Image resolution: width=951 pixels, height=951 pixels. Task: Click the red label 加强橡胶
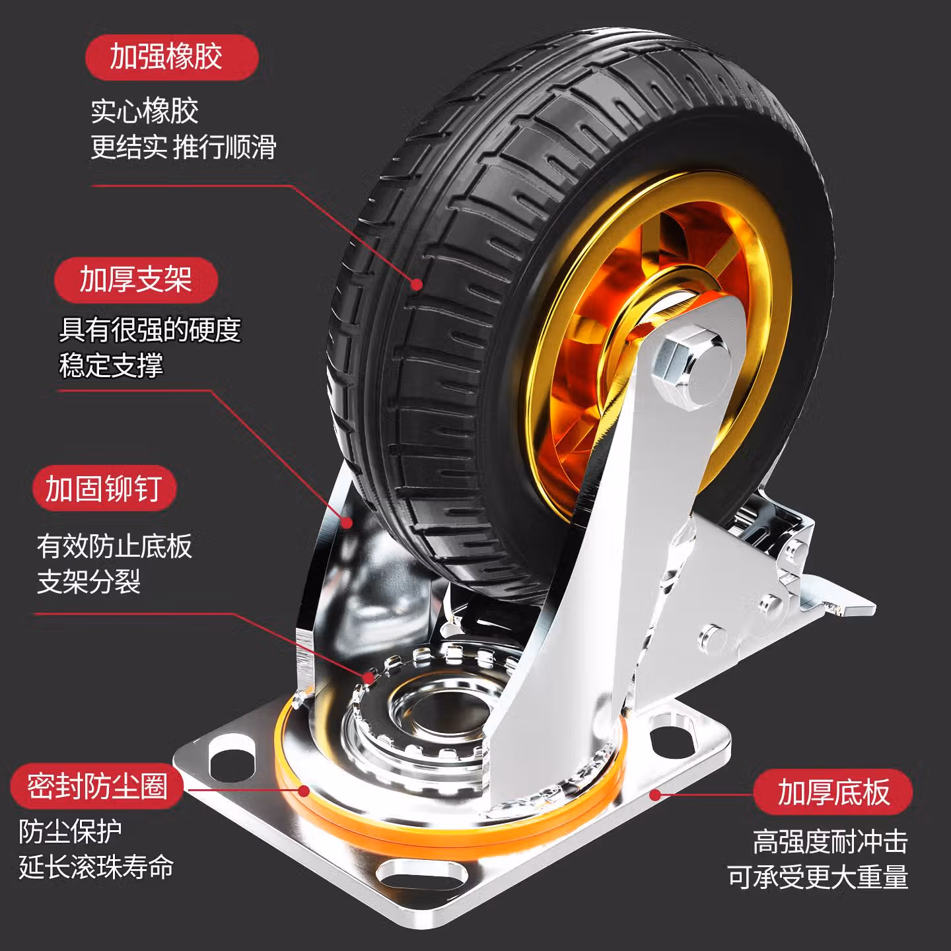click(x=171, y=57)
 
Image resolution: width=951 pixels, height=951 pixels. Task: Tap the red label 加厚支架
click(x=135, y=279)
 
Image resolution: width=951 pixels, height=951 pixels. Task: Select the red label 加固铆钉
click(x=104, y=489)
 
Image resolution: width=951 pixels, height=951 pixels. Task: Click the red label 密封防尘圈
click(x=96, y=787)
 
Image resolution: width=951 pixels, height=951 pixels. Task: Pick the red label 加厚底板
click(x=833, y=792)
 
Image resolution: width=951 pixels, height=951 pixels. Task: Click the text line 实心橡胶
click(x=145, y=111)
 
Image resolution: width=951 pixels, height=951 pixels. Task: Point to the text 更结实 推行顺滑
click(x=184, y=147)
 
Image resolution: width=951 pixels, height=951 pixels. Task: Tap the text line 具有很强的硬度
click(x=150, y=330)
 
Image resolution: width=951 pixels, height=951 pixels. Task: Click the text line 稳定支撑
click(x=111, y=365)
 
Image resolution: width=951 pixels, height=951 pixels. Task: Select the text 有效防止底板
click(x=114, y=546)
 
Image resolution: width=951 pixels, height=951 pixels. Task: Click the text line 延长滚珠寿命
click(x=96, y=867)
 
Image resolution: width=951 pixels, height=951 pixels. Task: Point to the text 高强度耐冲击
click(x=830, y=842)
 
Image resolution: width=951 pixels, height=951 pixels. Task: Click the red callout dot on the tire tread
click(x=417, y=285)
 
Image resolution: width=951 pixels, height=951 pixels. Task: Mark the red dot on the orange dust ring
click(x=304, y=791)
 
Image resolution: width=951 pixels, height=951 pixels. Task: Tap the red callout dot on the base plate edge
click(x=654, y=794)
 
